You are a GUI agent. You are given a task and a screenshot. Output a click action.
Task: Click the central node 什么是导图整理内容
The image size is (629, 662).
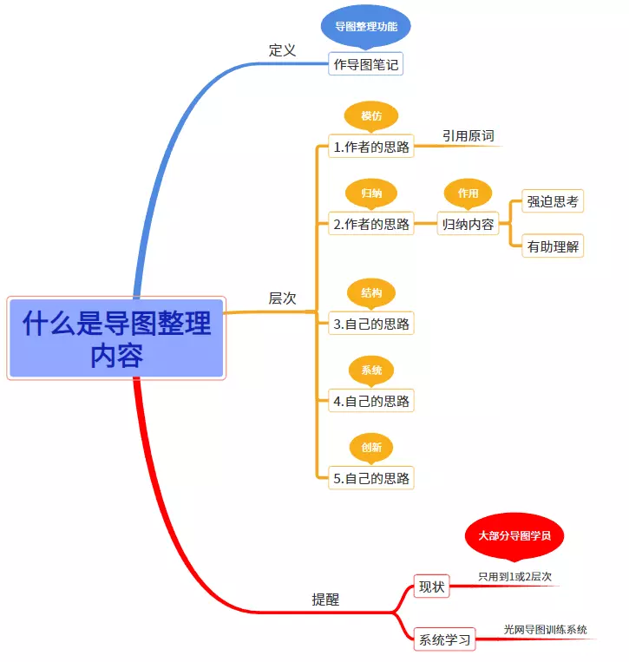point(116,338)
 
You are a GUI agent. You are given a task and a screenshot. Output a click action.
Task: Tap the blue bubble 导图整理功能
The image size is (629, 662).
point(365,26)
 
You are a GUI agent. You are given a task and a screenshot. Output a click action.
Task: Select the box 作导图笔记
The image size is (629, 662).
point(366,64)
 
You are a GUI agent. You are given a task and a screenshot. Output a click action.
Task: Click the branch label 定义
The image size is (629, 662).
point(282,50)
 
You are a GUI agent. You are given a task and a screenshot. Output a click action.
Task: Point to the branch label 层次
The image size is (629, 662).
point(282,298)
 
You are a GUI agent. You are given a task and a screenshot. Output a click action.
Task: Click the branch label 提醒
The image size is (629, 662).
point(326,600)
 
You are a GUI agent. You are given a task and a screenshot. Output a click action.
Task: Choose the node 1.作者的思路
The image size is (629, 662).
point(371,147)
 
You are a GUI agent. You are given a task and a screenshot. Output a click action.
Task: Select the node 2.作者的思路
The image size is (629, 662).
point(371,224)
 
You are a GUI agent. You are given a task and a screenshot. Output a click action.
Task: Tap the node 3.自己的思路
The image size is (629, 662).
point(371,324)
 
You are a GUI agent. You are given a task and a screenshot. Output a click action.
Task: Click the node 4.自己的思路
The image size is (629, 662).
point(371,401)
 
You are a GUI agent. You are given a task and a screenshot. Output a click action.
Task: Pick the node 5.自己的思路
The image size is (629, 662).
point(371,477)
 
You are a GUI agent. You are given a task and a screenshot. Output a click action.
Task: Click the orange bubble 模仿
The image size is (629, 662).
point(371,115)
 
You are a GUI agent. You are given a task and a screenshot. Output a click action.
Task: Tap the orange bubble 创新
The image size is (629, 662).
point(371,447)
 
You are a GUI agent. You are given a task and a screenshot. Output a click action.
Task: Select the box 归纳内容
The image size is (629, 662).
point(468,224)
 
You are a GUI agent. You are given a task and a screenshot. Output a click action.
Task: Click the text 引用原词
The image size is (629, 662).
point(468,136)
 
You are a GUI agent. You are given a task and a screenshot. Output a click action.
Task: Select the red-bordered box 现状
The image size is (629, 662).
point(431,587)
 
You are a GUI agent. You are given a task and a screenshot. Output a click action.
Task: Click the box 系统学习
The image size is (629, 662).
point(445,640)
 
